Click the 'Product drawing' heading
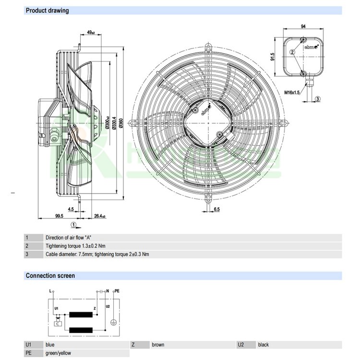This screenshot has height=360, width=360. point(47,10)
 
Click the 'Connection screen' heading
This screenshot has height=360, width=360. point(50,276)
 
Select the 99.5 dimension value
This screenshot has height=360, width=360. point(59,216)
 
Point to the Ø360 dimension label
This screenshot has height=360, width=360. point(120,122)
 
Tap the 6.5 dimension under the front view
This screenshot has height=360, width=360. point(216,209)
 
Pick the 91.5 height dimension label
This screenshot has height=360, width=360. point(273,57)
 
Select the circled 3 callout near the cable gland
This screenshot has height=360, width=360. point(318,99)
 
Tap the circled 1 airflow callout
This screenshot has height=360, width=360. point(73,224)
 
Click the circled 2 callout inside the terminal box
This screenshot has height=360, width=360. point(291,52)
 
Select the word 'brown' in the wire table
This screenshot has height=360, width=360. point(158,345)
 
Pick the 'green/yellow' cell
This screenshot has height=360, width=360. point(58,353)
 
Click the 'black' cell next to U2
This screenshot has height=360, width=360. point(264,345)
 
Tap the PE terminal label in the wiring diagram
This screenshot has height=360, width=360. point(117,291)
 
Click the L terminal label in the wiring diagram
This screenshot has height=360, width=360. point(50,291)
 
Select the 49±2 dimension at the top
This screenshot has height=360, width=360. point(90,32)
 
